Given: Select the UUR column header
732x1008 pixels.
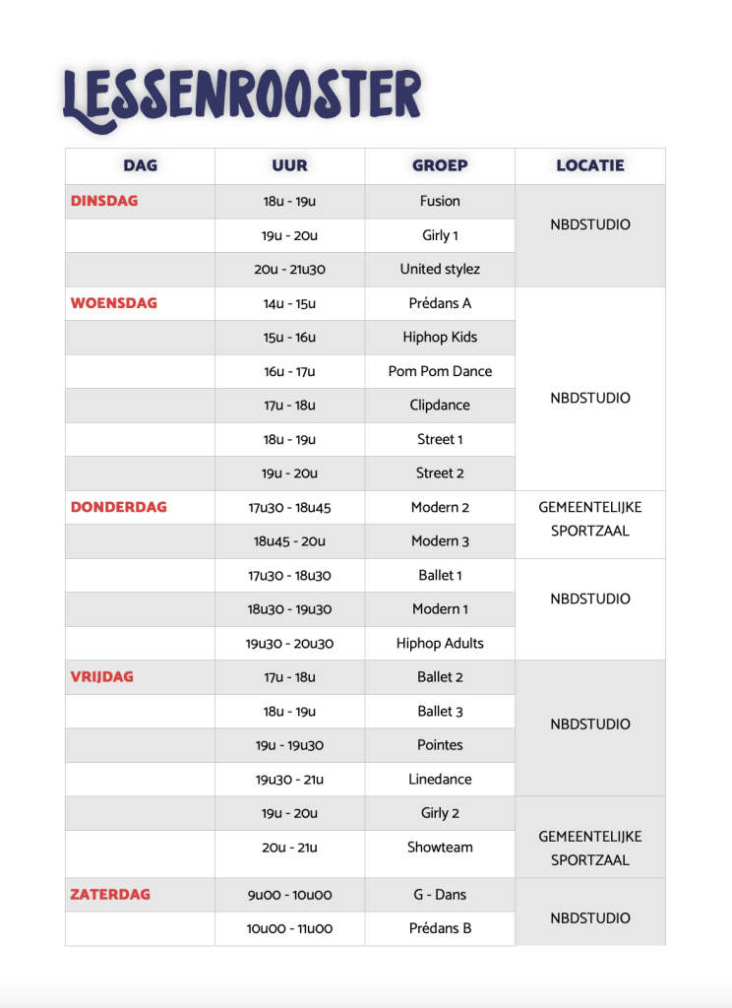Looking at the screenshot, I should (x=289, y=165).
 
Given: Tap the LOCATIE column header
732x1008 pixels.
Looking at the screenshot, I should (x=590, y=165).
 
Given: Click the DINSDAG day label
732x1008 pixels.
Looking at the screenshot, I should (x=104, y=201).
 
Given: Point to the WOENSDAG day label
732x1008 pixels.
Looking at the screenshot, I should (x=114, y=303).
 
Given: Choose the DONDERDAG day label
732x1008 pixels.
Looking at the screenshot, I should (x=119, y=507).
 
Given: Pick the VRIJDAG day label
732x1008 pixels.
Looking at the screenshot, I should (x=102, y=677).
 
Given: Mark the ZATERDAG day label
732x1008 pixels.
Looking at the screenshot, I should (x=110, y=895).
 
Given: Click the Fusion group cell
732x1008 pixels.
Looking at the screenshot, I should (x=440, y=201).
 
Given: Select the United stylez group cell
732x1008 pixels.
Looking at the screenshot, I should (x=440, y=269).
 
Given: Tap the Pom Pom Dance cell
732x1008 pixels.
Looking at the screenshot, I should (x=440, y=371).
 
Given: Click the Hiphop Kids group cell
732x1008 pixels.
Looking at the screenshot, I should (x=440, y=337).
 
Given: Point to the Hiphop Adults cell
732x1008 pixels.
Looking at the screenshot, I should (x=440, y=644).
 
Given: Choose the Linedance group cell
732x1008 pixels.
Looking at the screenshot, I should (x=440, y=780).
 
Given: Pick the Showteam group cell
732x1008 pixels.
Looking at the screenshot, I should (x=440, y=848).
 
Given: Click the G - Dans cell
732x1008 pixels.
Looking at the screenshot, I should (x=440, y=895).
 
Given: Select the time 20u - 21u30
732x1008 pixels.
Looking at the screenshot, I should (x=289, y=269).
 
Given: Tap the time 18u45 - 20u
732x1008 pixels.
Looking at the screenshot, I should (x=289, y=541).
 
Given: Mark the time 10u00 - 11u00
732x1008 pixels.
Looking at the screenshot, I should (x=289, y=928).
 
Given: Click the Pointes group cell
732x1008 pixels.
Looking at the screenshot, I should (x=440, y=745).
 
